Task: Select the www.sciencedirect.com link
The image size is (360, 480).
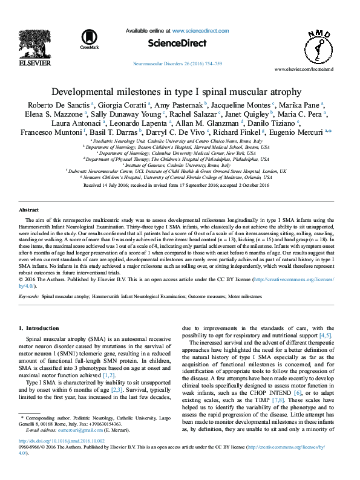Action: click(200, 30)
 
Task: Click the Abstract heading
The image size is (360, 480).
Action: click(30, 210)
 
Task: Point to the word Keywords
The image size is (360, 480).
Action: click(29, 297)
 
